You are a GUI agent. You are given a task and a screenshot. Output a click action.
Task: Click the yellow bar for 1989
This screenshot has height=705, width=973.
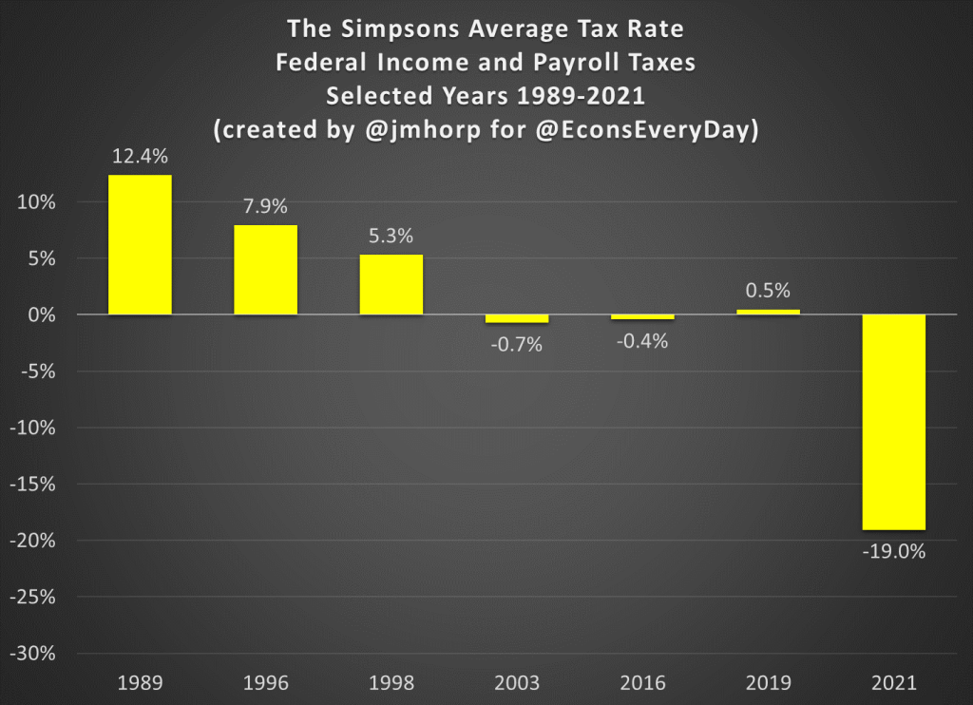pyautogui.click(x=140, y=244)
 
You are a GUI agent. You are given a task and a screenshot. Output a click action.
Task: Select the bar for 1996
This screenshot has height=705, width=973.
pyautogui.click(x=265, y=270)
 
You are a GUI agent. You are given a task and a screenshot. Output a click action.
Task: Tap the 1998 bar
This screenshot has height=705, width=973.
pyautogui.click(x=391, y=284)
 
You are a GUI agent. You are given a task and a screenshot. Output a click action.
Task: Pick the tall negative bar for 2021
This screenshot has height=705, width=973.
pyautogui.click(x=894, y=422)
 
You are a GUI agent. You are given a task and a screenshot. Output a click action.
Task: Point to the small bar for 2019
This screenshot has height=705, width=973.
pyautogui.click(x=768, y=312)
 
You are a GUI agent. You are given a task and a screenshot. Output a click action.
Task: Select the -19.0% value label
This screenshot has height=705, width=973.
pyautogui.click(x=894, y=551)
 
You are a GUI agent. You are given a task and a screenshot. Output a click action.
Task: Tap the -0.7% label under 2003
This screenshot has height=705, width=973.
pyautogui.click(x=516, y=344)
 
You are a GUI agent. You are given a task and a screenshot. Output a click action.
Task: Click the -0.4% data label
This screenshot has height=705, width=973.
pyautogui.click(x=641, y=340)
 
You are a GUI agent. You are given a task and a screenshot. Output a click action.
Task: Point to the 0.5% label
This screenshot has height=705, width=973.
pyautogui.click(x=768, y=291)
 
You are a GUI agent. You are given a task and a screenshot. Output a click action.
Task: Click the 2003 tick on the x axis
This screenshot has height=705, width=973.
pyautogui.click(x=516, y=683)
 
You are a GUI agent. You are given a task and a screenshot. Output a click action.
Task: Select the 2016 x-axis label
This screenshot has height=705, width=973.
pyautogui.click(x=641, y=683)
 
